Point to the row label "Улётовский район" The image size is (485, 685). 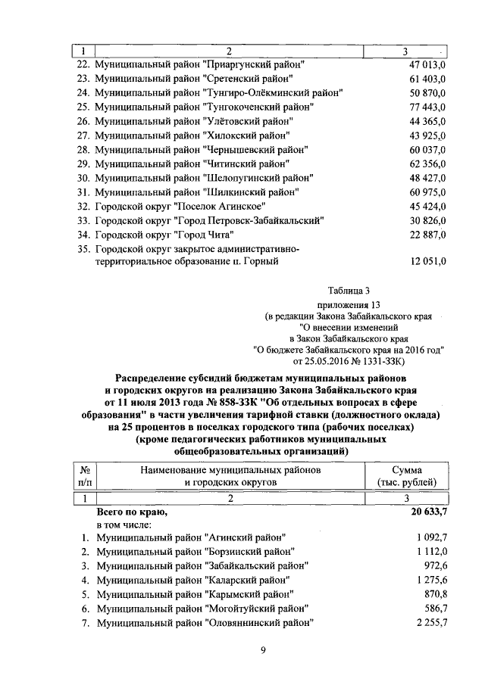pyautogui.click(x=193, y=121)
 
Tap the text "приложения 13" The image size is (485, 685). pyautogui.click(x=349, y=306)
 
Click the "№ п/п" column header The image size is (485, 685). pyautogui.click(x=86, y=475)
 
